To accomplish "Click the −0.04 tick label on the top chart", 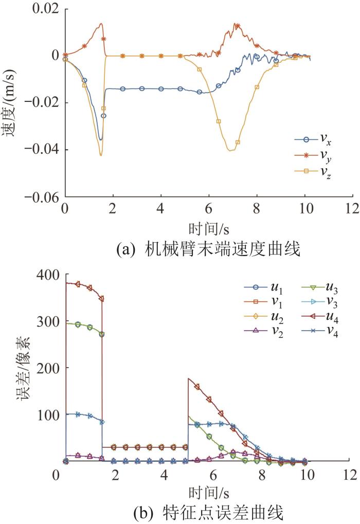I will click(41, 150).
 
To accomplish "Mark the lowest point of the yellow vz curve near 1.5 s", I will click(101, 155).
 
